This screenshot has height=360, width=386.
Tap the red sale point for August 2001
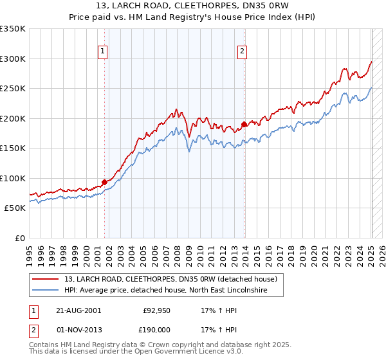pos(104,183)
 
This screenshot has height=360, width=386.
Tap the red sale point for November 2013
pos(244,124)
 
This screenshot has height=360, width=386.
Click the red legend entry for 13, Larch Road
pos(170,279)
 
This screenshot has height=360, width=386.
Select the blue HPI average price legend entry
pos(174,291)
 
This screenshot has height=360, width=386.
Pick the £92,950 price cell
pos(155,310)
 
